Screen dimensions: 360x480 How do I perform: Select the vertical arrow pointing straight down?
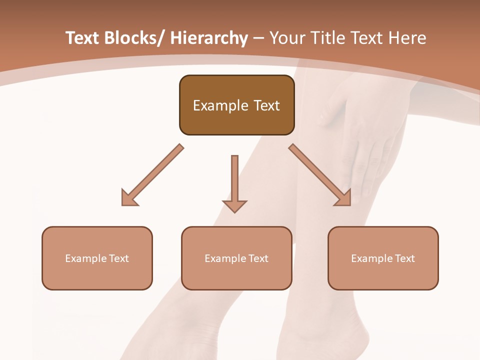pyautogui.click(x=234, y=185)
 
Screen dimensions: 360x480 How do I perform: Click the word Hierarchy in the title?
pyautogui.click(x=209, y=38)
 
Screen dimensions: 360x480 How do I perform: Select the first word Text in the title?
pyautogui.click(x=82, y=38)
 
